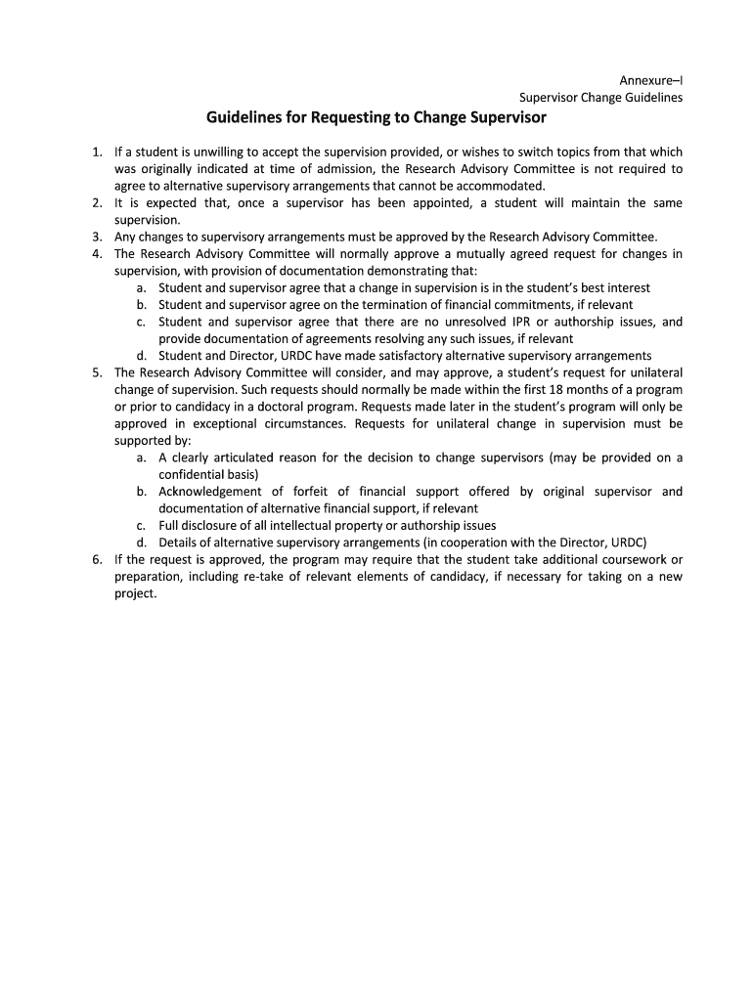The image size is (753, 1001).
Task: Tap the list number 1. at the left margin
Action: (97, 152)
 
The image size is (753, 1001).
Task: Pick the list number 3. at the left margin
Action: (97, 237)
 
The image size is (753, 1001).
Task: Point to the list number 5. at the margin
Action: (97, 372)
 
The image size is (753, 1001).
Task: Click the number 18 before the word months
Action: (552, 389)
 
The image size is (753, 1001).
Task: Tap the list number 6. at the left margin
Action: (97, 559)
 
